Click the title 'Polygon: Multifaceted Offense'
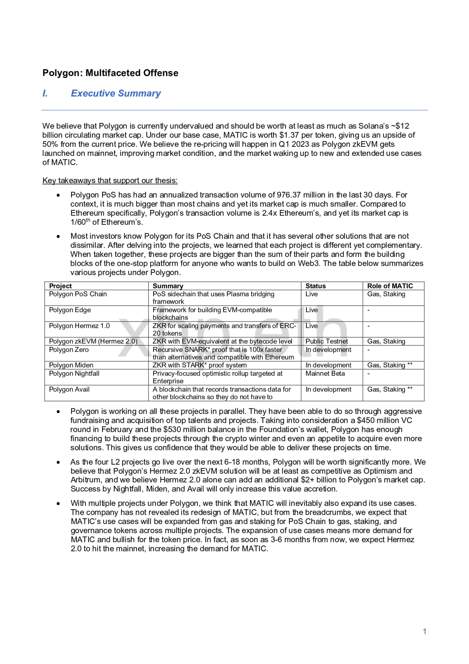click(110, 73)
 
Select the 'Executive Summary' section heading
click(116, 93)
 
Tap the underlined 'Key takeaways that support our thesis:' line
click(110, 180)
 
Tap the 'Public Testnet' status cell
click(326, 341)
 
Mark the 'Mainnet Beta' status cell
click(325, 373)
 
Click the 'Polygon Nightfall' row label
click(74, 373)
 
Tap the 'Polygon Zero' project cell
click(69, 349)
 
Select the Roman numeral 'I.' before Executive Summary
click(45, 93)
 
